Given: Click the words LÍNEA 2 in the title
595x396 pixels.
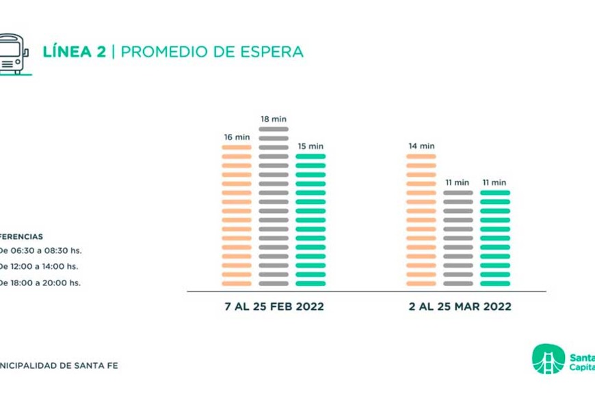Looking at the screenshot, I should pos(74,52).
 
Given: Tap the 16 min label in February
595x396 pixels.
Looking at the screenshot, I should pos(237,137).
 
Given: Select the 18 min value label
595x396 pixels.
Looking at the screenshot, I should pos(274,119).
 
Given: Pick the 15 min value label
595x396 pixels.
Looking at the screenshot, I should pos(310,146).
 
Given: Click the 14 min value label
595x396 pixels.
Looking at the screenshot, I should pos(421,146).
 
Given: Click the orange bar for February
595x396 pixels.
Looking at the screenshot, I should pos(237,215).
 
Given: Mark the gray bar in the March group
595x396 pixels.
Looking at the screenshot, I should pos(458,238).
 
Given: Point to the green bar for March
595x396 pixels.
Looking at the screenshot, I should pos(495,238).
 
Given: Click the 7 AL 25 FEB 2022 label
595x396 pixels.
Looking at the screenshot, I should pos(274,307).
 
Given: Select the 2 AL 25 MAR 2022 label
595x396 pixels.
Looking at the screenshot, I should pos(460,307).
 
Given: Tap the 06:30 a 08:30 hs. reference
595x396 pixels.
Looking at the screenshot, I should pos(41,251).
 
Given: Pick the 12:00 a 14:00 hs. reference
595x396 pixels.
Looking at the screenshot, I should pos(41,267).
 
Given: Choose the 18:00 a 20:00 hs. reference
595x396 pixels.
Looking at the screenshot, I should pos(41,283).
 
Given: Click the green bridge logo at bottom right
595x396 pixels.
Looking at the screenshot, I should pos(548,358).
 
